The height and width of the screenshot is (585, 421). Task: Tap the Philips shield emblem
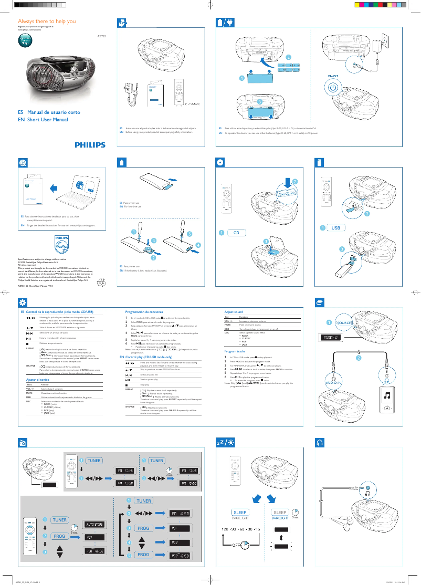tap(62, 244)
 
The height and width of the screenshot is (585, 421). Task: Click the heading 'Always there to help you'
tap(47, 22)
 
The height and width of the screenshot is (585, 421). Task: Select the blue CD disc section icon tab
tap(220, 162)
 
